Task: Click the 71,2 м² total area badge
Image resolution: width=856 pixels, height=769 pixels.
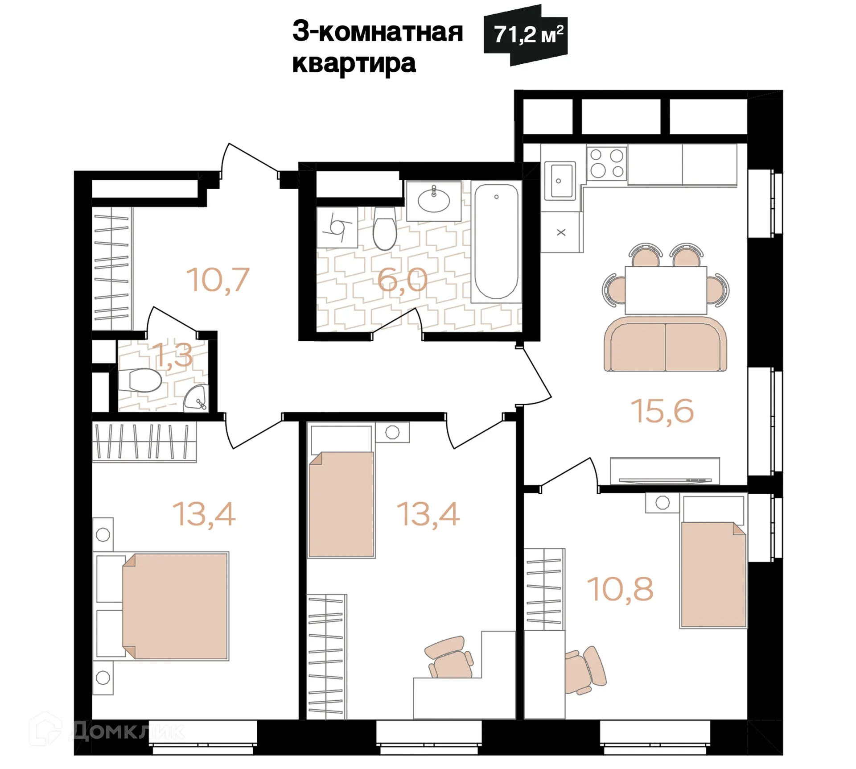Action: pos(526,35)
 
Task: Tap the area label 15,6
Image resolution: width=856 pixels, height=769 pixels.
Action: pos(662,411)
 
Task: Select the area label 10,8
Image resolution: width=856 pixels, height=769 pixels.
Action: pos(620,589)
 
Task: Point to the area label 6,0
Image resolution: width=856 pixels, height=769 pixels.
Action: pos(402,280)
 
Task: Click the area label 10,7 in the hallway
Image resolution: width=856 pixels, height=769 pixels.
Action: pos(218,280)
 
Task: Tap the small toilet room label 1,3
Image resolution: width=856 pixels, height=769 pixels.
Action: pos(173,356)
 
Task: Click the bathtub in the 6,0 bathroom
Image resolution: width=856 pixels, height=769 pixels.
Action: pos(496,241)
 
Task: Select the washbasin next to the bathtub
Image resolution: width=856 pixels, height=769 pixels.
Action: pos(433,200)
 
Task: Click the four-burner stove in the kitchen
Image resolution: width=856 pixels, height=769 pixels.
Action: pos(607,163)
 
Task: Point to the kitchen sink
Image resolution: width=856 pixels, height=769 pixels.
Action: pos(560,181)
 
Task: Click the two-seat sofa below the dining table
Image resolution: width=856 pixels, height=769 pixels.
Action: pos(665,345)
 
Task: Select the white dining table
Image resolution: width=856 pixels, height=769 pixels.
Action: pos(666,290)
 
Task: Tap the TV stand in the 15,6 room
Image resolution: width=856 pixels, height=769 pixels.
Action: pos(664,471)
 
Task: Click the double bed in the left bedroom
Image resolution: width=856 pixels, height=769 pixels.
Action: pos(175,606)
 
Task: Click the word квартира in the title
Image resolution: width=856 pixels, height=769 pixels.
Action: pos(354,63)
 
